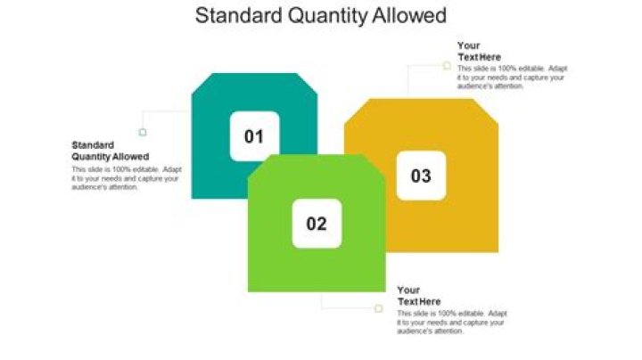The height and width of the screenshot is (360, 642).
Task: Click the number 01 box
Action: [x=254, y=136]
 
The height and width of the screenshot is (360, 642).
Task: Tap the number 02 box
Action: [x=317, y=224]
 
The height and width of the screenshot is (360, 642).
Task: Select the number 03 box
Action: [x=421, y=176]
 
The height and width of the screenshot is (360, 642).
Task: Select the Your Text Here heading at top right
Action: [x=480, y=51]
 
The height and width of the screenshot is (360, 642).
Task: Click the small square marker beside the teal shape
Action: [x=142, y=133]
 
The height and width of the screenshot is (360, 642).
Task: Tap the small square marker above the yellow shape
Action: [x=447, y=65]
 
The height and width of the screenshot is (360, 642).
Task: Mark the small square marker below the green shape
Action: [x=378, y=308]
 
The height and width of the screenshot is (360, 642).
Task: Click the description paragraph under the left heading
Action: [x=125, y=178]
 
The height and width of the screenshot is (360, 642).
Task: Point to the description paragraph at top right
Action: [x=511, y=78]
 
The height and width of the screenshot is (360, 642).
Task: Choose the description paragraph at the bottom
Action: [x=452, y=323]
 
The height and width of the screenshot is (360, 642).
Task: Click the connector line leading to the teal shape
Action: [x=166, y=111]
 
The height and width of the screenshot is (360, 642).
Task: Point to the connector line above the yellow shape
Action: [x=408, y=80]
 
